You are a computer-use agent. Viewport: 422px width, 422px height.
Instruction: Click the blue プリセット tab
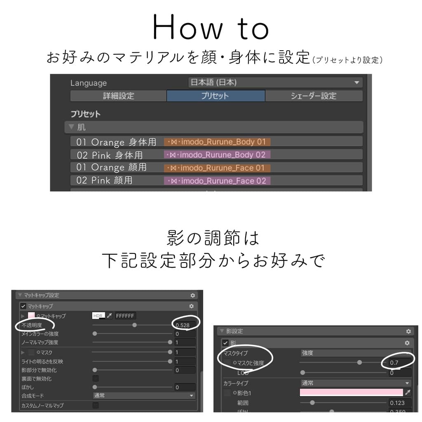(x=216, y=96)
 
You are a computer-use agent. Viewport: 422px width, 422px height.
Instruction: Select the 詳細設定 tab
(x=118, y=96)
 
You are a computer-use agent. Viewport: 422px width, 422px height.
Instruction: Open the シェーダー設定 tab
(x=314, y=96)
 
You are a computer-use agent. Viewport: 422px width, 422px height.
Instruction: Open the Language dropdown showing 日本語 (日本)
(x=274, y=82)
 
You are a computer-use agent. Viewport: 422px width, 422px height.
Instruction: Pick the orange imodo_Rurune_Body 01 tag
(x=217, y=142)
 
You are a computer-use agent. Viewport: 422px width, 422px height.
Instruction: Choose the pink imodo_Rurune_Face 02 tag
(x=217, y=181)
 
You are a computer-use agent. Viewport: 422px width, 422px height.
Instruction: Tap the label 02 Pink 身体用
(x=110, y=155)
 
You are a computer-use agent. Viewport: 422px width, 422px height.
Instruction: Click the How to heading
(x=211, y=28)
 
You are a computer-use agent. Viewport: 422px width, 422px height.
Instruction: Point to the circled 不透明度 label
(x=32, y=325)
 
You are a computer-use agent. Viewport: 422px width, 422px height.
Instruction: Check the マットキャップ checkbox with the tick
(x=23, y=306)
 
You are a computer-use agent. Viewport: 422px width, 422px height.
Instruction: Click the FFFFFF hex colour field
(x=125, y=316)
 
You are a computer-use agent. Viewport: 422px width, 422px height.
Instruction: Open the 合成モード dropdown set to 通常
(x=143, y=395)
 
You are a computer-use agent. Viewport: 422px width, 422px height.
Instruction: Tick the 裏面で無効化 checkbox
(x=96, y=378)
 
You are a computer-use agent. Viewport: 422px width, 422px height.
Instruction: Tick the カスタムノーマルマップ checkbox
(x=96, y=406)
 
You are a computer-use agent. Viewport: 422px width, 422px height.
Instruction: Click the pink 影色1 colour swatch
(x=351, y=392)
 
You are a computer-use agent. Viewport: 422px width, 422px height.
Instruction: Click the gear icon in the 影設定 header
(x=408, y=331)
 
